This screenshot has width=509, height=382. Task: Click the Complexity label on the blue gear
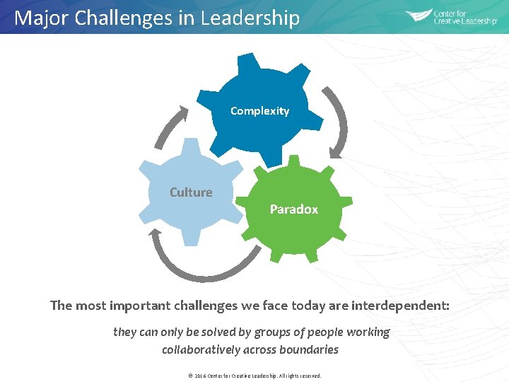(x=259, y=111)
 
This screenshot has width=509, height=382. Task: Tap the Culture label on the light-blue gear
(x=191, y=192)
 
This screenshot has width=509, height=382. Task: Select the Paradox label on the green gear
(x=293, y=209)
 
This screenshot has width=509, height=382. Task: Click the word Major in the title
(x=38, y=18)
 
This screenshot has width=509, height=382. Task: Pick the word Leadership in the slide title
(x=250, y=18)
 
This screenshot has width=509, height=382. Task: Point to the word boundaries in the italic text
(x=309, y=350)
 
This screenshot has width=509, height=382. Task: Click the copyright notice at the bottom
(x=254, y=376)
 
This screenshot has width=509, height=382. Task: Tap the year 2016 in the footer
(x=200, y=376)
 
